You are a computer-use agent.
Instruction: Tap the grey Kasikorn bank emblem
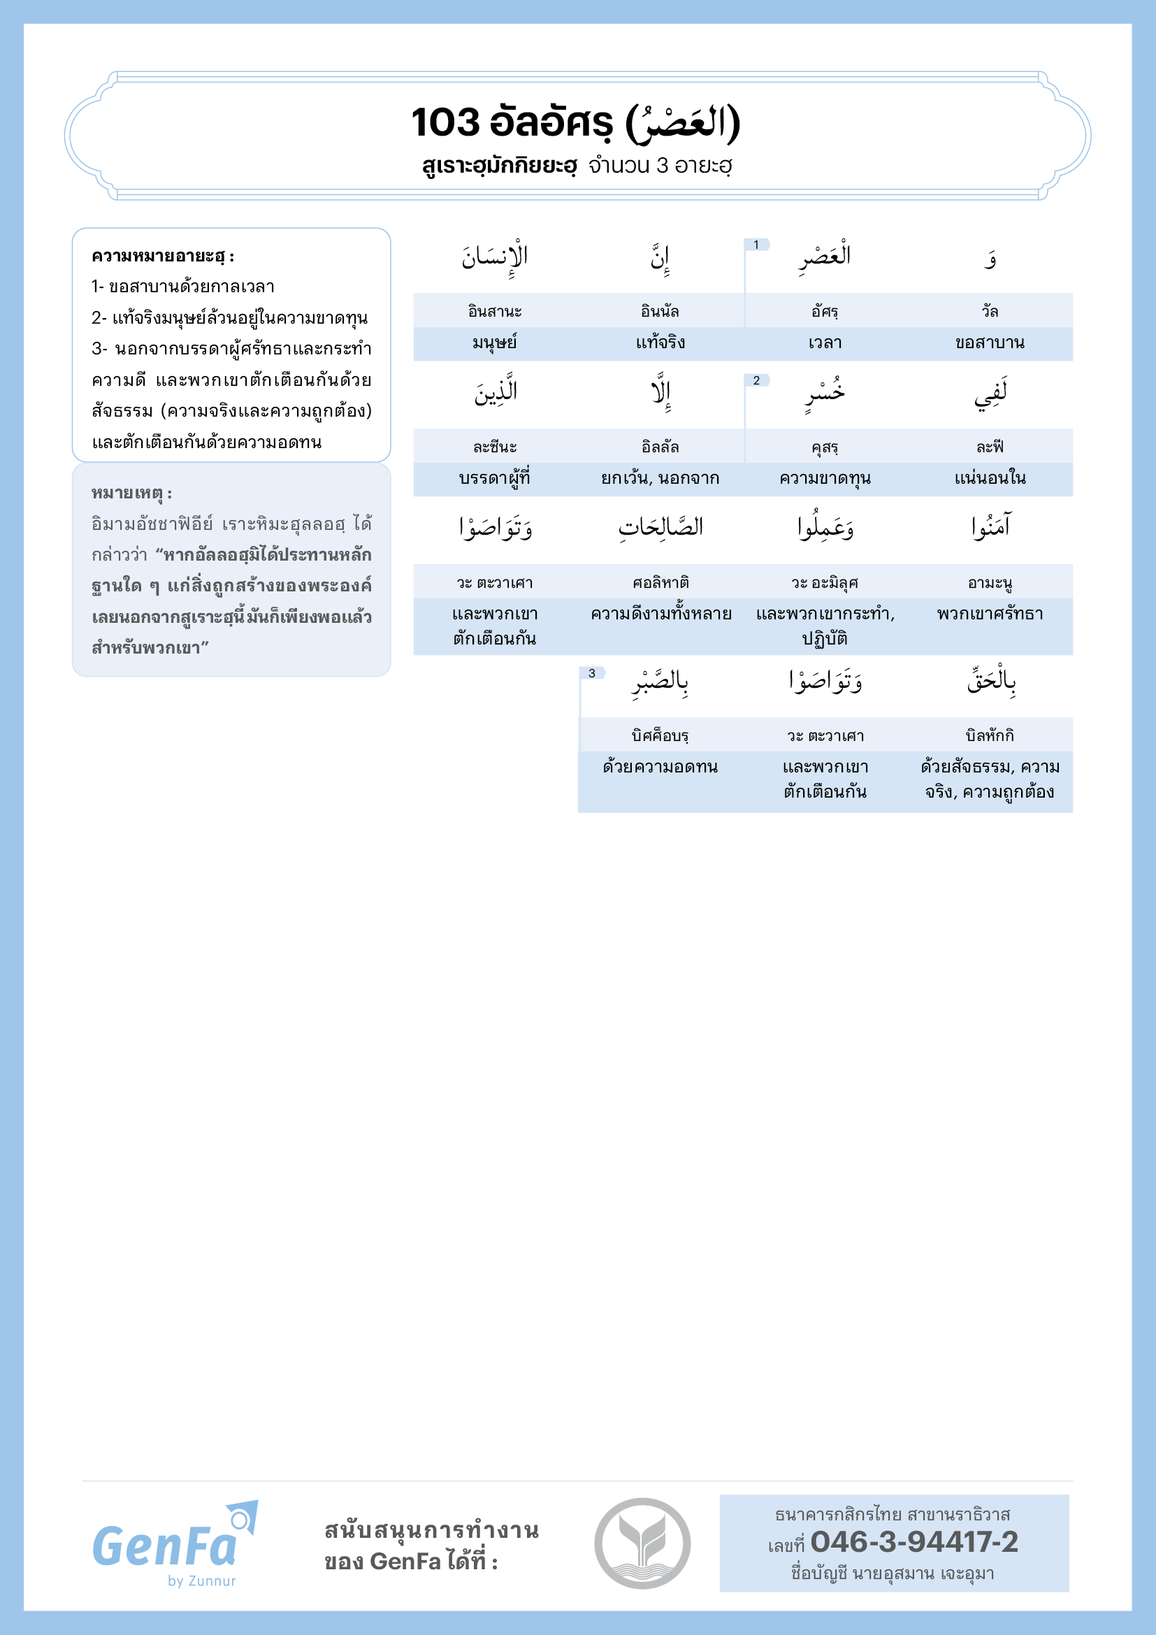point(642,1543)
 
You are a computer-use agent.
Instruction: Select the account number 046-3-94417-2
point(914,1542)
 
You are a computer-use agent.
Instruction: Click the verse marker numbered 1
point(756,245)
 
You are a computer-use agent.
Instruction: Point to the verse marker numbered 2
point(756,381)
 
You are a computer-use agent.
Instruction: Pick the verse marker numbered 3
point(591,673)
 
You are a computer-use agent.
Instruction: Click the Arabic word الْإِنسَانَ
point(496,257)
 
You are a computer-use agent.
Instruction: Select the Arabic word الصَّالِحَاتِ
point(660,527)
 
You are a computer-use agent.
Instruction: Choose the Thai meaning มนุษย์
point(495,343)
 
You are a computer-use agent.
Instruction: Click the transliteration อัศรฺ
point(825,311)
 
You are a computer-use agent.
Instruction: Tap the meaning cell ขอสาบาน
point(990,343)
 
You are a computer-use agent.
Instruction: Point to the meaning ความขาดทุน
point(825,479)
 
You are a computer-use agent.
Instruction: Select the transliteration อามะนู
point(990,583)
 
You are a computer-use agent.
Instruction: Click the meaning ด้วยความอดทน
point(660,767)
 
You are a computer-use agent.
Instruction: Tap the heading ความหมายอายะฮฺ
point(162,257)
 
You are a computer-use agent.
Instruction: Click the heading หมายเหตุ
point(131,493)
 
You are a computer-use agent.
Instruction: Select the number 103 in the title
point(447,122)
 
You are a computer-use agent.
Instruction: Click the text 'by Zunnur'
point(201,1581)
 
